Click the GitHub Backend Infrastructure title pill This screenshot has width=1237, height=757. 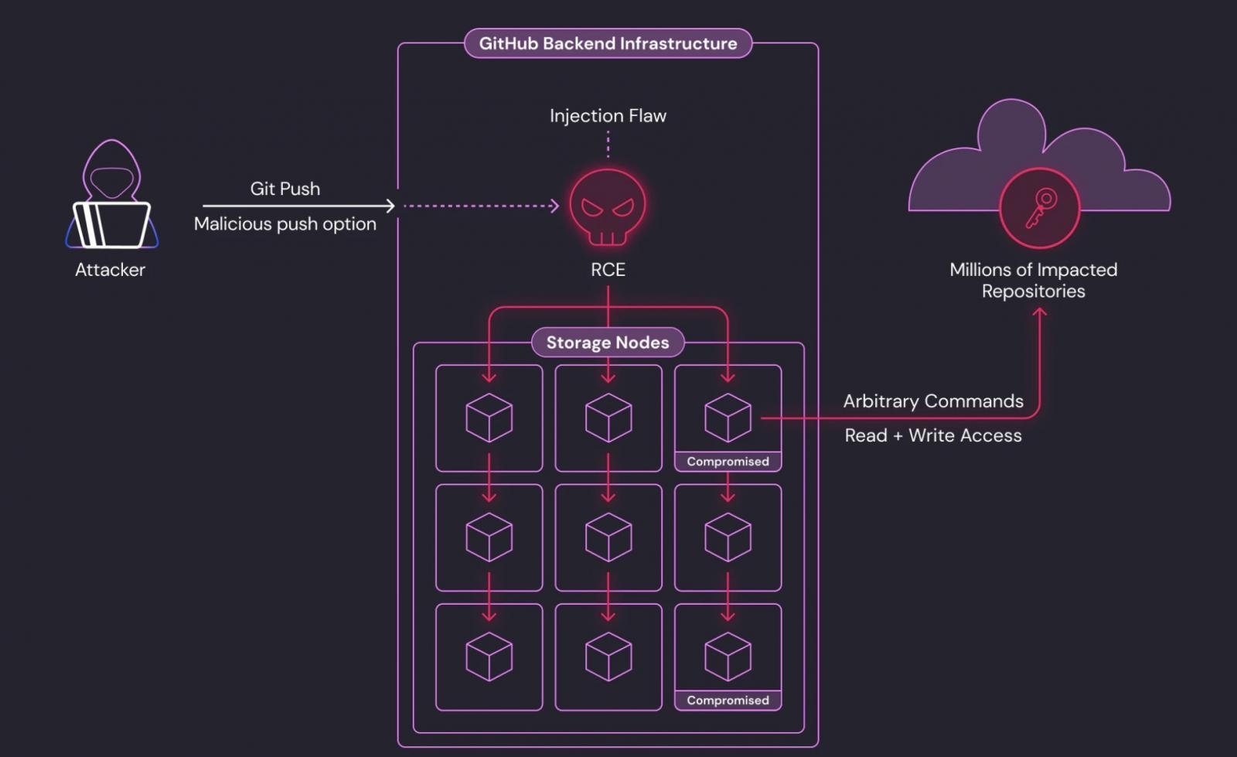(x=608, y=43)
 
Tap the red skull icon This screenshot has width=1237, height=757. (x=608, y=207)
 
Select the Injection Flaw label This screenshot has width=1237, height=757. (x=608, y=116)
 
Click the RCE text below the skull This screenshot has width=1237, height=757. (x=608, y=270)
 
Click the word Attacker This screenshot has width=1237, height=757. (x=110, y=270)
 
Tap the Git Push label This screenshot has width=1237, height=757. (x=285, y=189)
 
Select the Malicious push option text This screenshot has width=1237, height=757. (x=285, y=224)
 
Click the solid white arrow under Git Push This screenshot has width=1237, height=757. (x=298, y=206)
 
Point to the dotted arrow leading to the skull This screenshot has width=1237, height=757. (x=479, y=206)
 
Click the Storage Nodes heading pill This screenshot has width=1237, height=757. (x=608, y=343)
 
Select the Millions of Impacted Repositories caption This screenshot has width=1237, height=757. (x=1033, y=281)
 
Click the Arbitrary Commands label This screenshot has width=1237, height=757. (x=933, y=401)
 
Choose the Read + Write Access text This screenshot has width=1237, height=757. (x=933, y=435)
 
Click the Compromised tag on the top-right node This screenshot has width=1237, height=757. (x=728, y=462)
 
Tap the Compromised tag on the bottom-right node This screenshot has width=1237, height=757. (x=728, y=701)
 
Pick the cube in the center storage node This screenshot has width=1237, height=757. (x=608, y=537)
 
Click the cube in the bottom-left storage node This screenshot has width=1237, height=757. (x=489, y=656)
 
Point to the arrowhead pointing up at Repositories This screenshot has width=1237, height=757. (x=1040, y=312)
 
